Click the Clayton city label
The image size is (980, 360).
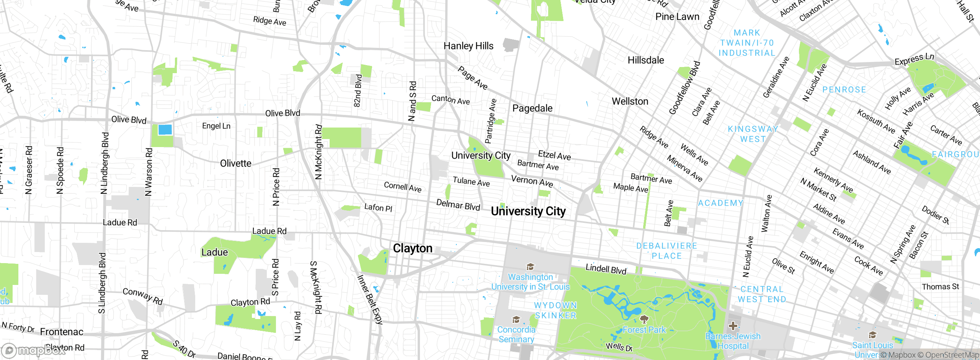(x=413, y=248)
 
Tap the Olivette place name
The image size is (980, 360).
(x=235, y=164)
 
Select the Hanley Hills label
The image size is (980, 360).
(x=468, y=46)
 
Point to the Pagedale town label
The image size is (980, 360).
(x=532, y=108)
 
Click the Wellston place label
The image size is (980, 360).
(x=630, y=101)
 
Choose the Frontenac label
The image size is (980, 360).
(x=62, y=332)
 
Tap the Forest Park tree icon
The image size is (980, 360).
(x=644, y=319)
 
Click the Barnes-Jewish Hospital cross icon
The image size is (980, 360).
(x=733, y=326)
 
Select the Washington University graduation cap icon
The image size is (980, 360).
(x=530, y=267)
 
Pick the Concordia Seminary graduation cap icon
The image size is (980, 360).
(x=516, y=319)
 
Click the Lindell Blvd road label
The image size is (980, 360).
(x=606, y=269)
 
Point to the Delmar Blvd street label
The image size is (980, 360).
(x=458, y=205)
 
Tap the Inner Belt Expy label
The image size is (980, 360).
(x=369, y=299)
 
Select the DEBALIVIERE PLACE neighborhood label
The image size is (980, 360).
(x=666, y=251)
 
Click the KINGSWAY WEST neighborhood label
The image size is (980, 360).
(x=753, y=134)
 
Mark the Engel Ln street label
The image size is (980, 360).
(x=216, y=126)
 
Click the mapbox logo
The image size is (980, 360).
(x=34, y=350)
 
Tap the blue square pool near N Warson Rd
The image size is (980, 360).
(x=165, y=129)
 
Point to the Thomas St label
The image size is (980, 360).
(x=940, y=286)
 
